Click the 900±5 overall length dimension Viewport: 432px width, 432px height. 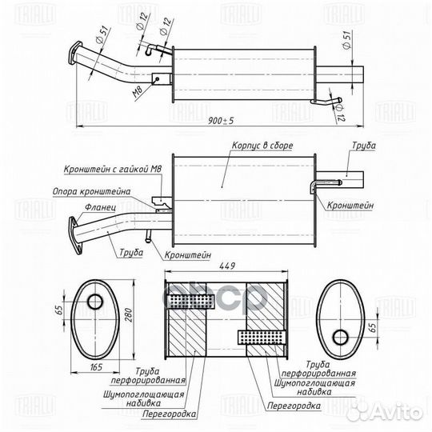click(221, 121)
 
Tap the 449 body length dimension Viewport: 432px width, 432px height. click(227, 266)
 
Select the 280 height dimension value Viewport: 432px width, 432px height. click(129, 315)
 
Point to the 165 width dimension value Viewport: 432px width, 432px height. click(96, 367)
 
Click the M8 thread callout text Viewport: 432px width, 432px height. click(138, 92)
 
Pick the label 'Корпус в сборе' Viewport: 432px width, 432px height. click(262, 146)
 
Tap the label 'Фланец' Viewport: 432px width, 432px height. click(100, 207)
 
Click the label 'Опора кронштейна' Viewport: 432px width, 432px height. click(91, 191)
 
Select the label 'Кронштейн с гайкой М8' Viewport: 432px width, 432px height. click(113, 169)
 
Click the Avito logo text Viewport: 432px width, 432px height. click(396, 413)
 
